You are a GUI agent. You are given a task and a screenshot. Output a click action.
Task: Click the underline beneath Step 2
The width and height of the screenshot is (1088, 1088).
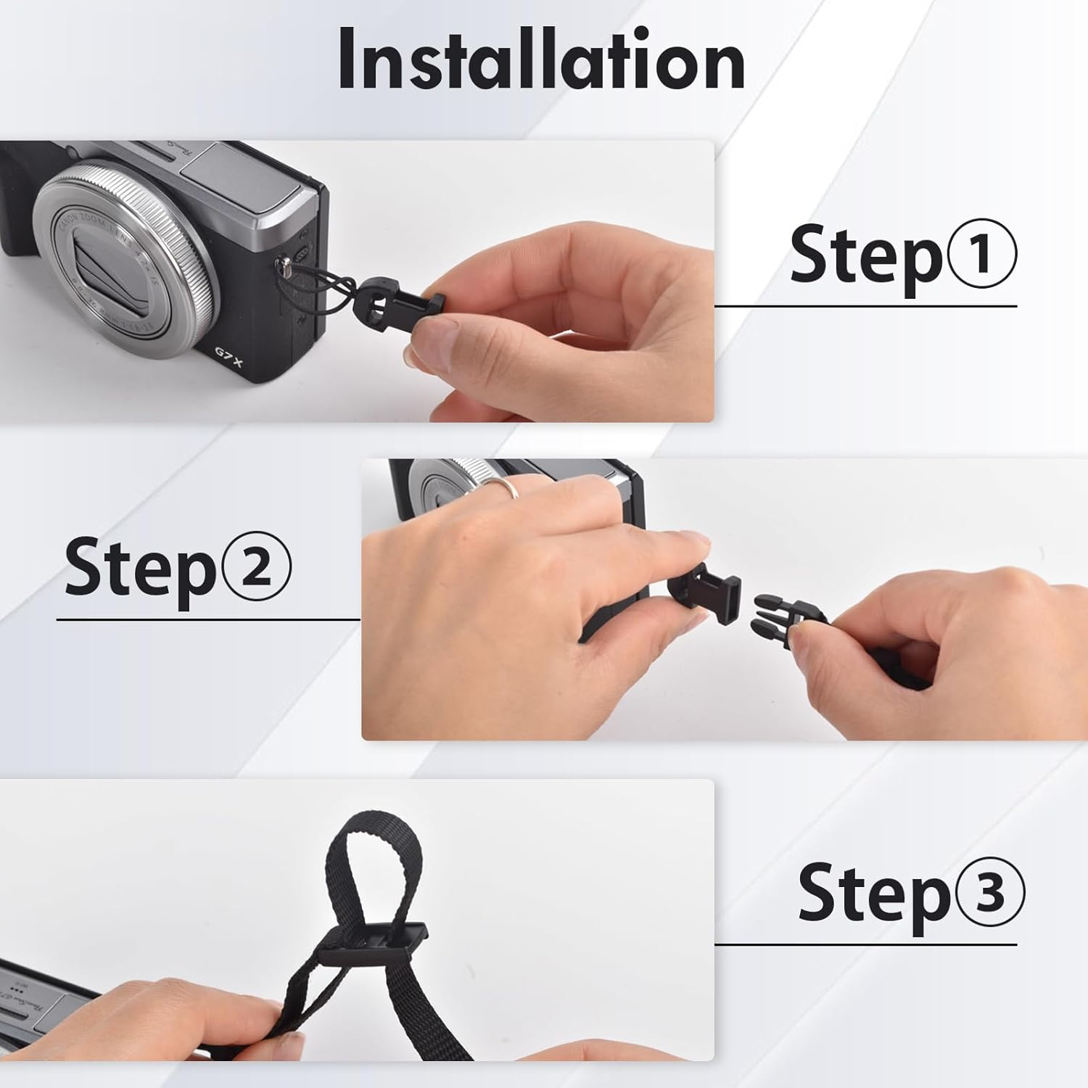208,620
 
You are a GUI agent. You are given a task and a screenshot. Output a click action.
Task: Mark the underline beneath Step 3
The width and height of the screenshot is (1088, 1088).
865,944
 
